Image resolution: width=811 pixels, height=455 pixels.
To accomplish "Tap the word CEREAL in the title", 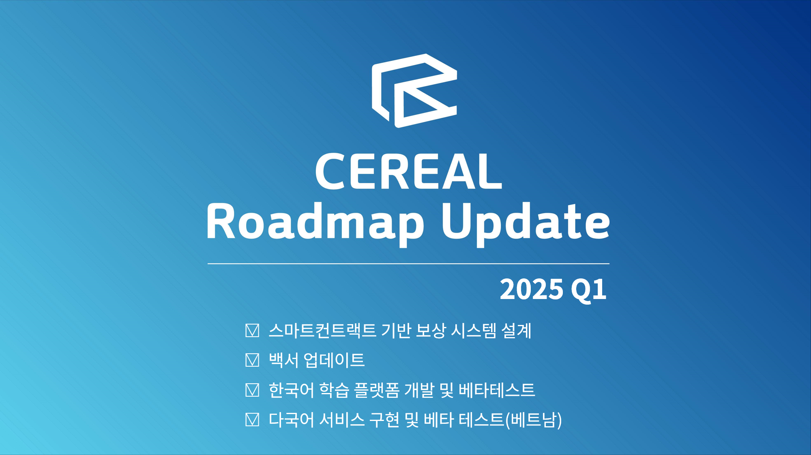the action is point(409,171).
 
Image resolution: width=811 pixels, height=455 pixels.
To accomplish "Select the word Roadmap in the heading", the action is point(315,222).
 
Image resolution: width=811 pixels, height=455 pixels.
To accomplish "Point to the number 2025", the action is point(532,289).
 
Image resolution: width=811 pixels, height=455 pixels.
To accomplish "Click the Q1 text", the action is point(589,290).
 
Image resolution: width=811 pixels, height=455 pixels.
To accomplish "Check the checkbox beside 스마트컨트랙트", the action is point(252,331).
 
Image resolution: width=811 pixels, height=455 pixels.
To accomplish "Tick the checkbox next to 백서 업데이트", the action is point(252,360).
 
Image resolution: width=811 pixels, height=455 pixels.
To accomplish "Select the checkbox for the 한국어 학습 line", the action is point(252,390).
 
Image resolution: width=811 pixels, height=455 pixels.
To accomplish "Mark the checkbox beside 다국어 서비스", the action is point(252,420).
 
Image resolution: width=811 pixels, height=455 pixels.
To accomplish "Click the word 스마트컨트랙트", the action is point(322,331).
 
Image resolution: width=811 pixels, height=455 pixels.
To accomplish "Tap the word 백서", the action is point(283,360).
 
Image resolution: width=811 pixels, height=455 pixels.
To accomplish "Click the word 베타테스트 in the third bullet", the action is point(497,390).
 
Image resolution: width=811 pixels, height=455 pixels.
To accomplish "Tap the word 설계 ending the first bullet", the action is point(516,331).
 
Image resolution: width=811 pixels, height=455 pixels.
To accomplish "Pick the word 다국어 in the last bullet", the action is point(292,420).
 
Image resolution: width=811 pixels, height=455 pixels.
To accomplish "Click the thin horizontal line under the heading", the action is point(408,264).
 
